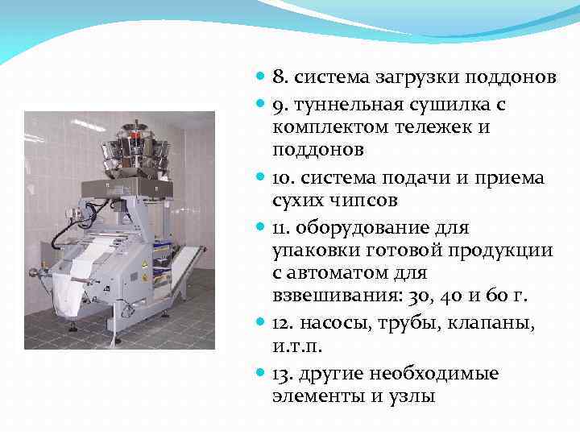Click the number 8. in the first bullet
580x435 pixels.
pyautogui.click(x=280, y=78)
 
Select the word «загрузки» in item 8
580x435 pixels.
pyautogui.click(x=404, y=78)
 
